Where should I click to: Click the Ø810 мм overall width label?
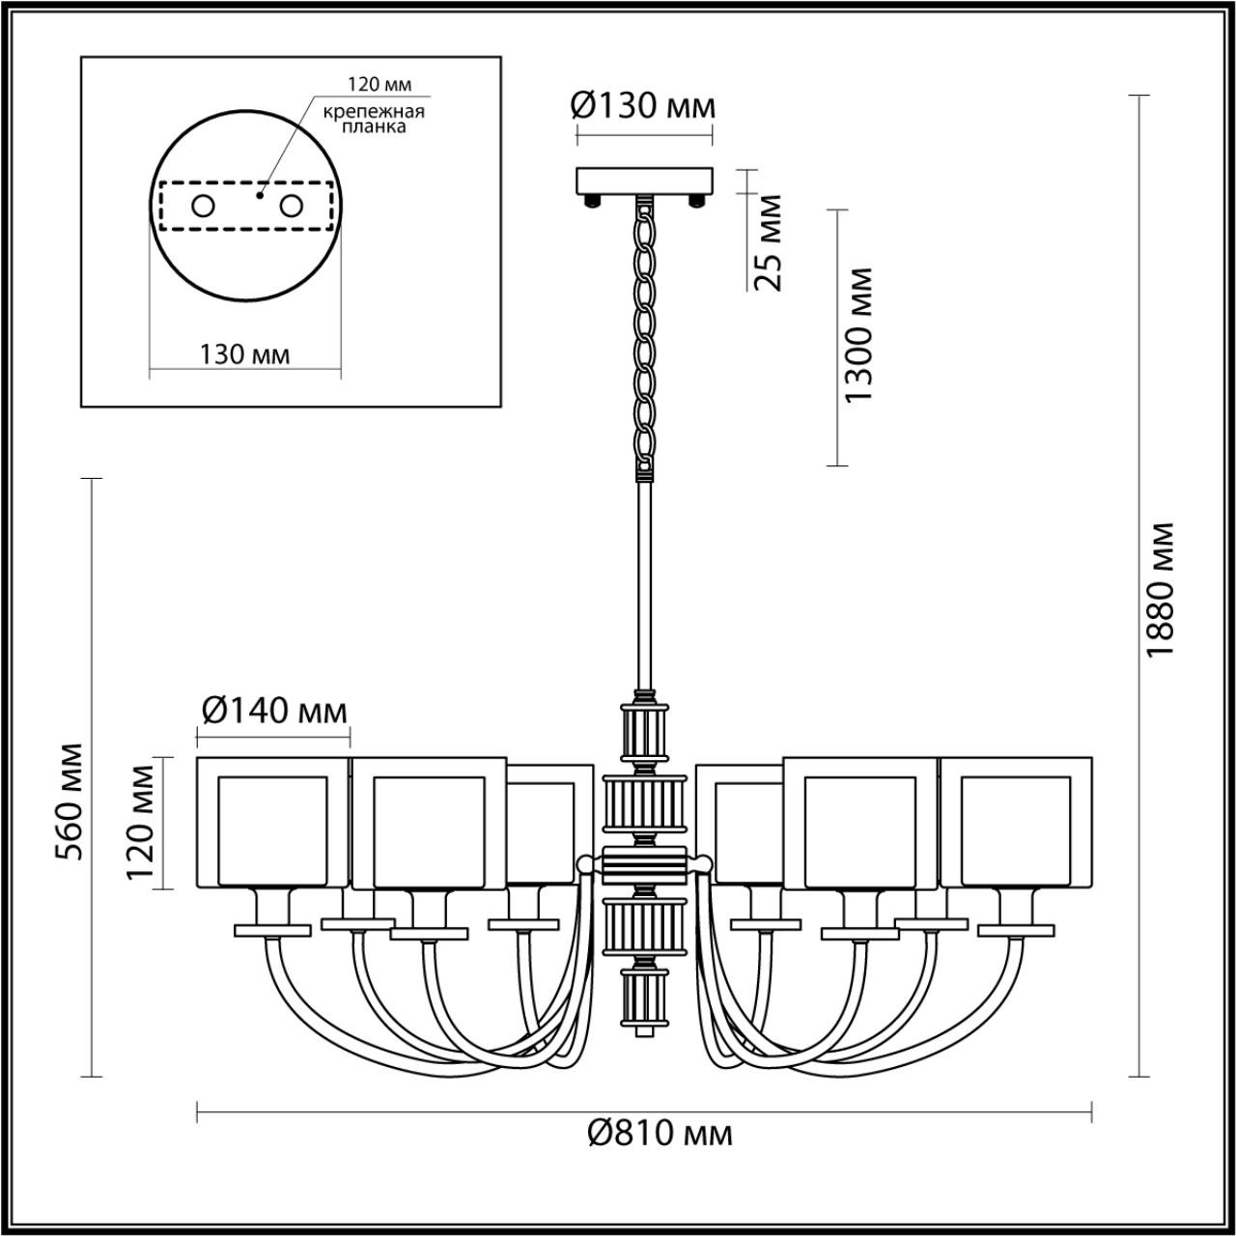[660, 1132]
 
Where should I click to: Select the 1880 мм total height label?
[1159, 590]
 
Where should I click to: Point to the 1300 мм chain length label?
[857, 336]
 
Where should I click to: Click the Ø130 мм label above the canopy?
[644, 105]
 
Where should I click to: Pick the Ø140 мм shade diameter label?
[273, 712]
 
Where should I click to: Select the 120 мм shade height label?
[141, 823]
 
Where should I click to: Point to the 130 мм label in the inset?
[244, 354]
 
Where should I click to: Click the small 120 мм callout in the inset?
[374, 85]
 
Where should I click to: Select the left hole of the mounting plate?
[203, 206]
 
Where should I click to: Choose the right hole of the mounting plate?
[291, 206]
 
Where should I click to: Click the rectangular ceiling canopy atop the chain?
[644, 181]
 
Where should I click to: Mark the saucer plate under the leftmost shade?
[272, 930]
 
